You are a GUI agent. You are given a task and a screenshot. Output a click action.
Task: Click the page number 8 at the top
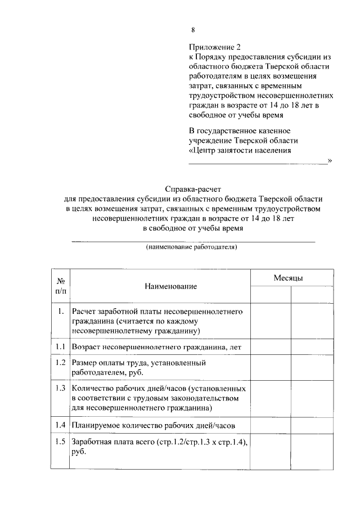pyautogui.click(x=193, y=30)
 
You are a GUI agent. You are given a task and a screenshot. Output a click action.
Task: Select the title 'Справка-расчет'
pyautogui.click(x=192, y=190)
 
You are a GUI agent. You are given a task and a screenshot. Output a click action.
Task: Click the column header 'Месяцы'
pyautogui.click(x=289, y=278)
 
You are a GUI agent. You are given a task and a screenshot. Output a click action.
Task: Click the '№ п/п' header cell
pyautogui.click(x=61, y=286)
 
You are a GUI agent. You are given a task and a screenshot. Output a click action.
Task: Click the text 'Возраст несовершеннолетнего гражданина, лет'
pyautogui.click(x=156, y=347)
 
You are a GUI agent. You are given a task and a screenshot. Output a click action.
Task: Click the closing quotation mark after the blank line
pyautogui.click(x=330, y=161)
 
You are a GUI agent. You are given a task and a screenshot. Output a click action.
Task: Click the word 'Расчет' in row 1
pyautogui.click(x=83, y=311)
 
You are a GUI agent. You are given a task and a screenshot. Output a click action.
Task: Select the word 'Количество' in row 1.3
pyautogui.click(x=91, y=388)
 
